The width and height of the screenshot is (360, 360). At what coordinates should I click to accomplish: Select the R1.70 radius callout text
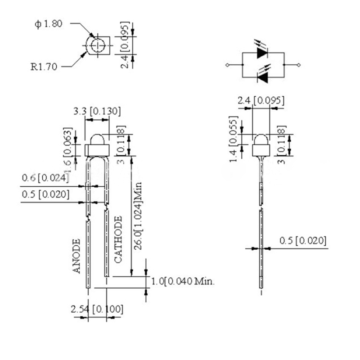click(44, 67)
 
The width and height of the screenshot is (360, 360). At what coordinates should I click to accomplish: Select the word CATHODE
click(118, 239)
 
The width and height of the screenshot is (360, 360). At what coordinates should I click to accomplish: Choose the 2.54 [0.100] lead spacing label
click(97, 310)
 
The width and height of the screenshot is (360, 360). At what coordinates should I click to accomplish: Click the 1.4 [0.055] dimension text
click(233, 141)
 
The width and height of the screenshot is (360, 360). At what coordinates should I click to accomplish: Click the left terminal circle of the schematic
click(227, 65)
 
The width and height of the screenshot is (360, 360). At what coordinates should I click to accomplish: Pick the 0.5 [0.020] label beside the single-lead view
click(303, 241)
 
